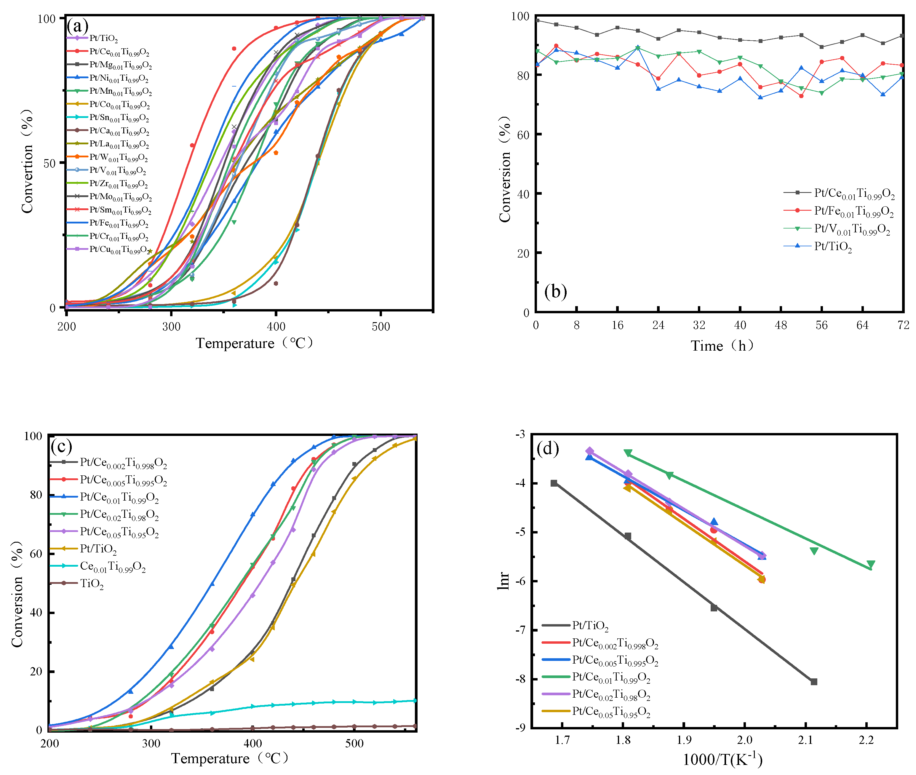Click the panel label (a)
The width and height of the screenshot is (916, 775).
pyautogui.click(x=77, y=26)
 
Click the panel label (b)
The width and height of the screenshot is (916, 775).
pyautogui.click(x=555, y=291)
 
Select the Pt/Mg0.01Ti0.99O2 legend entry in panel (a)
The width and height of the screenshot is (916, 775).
pyautogui.click(x=120, y=65)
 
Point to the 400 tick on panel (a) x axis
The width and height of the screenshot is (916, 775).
pyautogui.click(x=276, y=326)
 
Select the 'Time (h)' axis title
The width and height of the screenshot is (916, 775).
pyautogui.click(x=722, y=346)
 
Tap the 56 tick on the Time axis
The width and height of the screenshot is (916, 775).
pyautogui.click(x=821, y=325)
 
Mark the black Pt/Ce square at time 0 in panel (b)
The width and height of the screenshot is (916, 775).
pyautogui.click(x=537, y=20)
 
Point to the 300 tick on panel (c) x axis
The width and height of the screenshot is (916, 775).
pyautogui.click(x=151, y=743)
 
